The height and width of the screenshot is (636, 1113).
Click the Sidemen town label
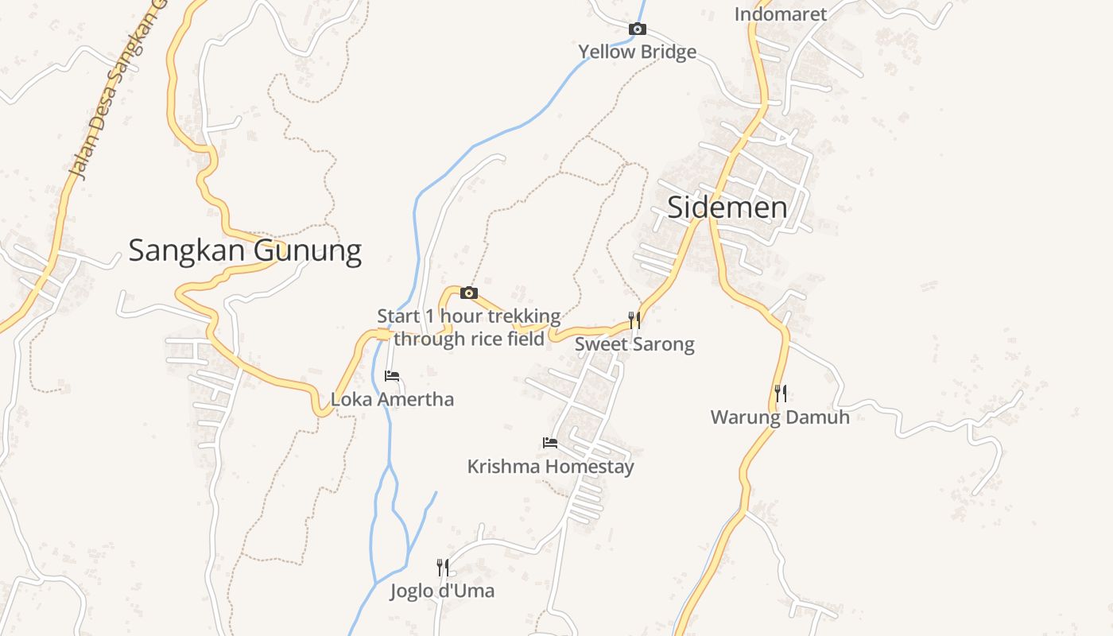pos(727,207)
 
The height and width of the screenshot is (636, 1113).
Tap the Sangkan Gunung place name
pos(245,250)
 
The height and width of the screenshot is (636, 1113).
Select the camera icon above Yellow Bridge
pos(637,29)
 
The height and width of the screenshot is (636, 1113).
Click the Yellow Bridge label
pos(637,52)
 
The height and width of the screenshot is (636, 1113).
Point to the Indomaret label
pos(780,14)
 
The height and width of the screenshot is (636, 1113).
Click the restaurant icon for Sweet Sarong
pos(634,320)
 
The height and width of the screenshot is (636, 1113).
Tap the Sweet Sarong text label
pos(634,344)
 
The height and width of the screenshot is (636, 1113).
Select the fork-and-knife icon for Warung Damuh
pos(781,393)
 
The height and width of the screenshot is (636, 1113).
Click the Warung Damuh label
pos(780,417)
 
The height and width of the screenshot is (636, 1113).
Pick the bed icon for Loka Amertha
pos(392,376)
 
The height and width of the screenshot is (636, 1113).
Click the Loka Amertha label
pos(392,399)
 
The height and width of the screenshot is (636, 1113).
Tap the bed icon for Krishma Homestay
pos(549,442)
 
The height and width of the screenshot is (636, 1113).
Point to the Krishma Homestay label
pos(550,467)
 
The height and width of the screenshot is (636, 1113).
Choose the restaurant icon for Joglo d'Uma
pos(443,567)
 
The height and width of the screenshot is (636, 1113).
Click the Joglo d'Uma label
pos(442,591)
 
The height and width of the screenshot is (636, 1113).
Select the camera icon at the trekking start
pos(469,293)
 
